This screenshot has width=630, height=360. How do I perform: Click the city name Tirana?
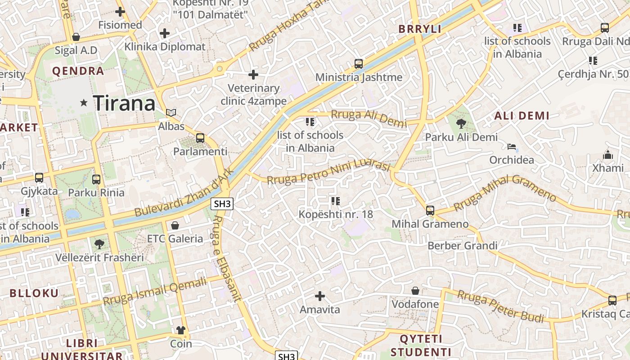(124, 103)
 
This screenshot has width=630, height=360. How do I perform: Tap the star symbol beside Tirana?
(84, 103)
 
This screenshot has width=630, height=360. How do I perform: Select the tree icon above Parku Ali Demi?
(461, 123)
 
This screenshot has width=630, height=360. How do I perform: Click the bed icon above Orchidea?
(512, 147)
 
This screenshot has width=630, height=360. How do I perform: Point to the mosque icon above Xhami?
(608, 155)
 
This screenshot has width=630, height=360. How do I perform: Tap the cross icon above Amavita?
(320, 296)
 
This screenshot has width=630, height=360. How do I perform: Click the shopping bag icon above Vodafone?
(415, 291)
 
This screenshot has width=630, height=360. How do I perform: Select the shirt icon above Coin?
(181, 330)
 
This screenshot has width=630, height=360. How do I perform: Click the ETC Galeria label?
(175, 238)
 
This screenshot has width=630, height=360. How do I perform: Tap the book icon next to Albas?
(171, 112)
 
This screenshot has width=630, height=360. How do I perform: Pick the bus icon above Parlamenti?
(200, 138)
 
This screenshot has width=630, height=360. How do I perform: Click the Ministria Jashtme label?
(359, 77)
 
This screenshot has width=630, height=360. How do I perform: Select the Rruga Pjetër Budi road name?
(504, 306)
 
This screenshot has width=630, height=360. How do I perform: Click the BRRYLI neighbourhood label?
(420, 29)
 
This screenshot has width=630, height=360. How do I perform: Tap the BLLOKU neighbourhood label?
(34, 293)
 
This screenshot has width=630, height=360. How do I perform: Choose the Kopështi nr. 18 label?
(336, 214)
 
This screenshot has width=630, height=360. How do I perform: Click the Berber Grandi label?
(462, 246)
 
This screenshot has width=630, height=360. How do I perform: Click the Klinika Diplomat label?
(165, 46)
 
